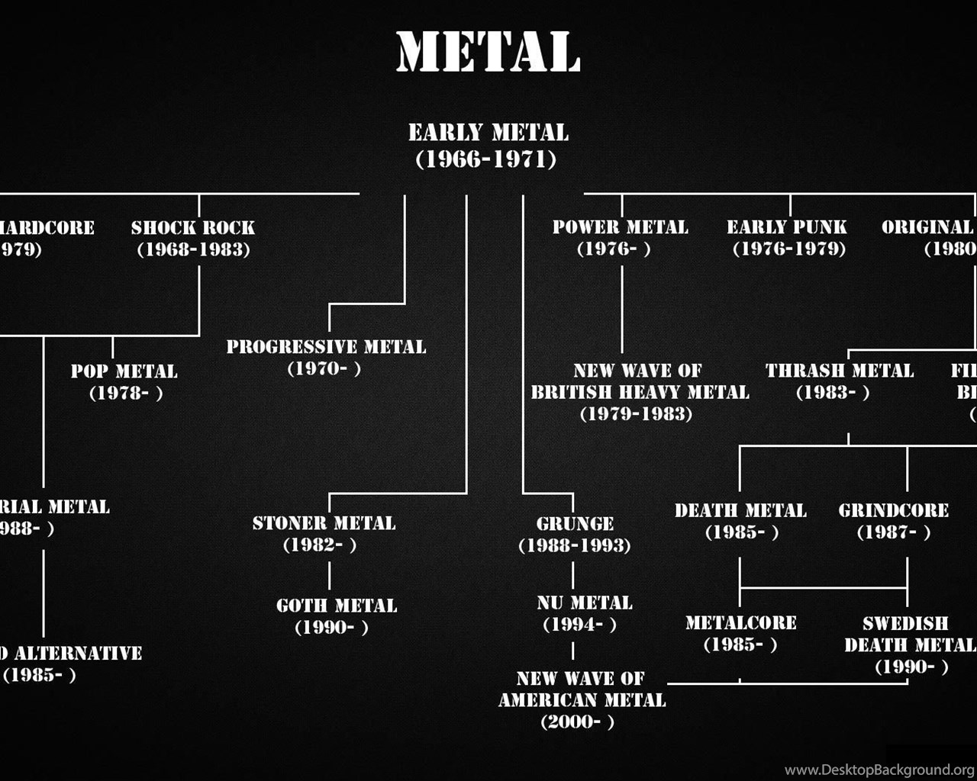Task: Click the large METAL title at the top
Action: (488, 52)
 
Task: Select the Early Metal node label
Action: (488, 133)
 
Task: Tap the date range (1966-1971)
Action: (486, 159)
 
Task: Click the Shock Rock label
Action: (193, 227)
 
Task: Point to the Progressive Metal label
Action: (326, 347)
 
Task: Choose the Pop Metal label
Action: (124, 371)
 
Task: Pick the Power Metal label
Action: (620, 227)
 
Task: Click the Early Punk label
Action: (787, 227)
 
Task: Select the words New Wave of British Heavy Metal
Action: (640, 381)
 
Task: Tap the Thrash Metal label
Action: (840, 371)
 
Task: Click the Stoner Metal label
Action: (324, 523)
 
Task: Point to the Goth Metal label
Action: (337, 606)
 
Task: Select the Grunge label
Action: (575, 524)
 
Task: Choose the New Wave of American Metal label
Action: (582, 689)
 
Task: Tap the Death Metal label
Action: (740, 510)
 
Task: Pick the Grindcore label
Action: (894, 510)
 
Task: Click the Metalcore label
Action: (740, 623)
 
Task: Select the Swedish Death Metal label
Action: (909, 634)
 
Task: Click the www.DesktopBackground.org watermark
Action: (879, 770)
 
